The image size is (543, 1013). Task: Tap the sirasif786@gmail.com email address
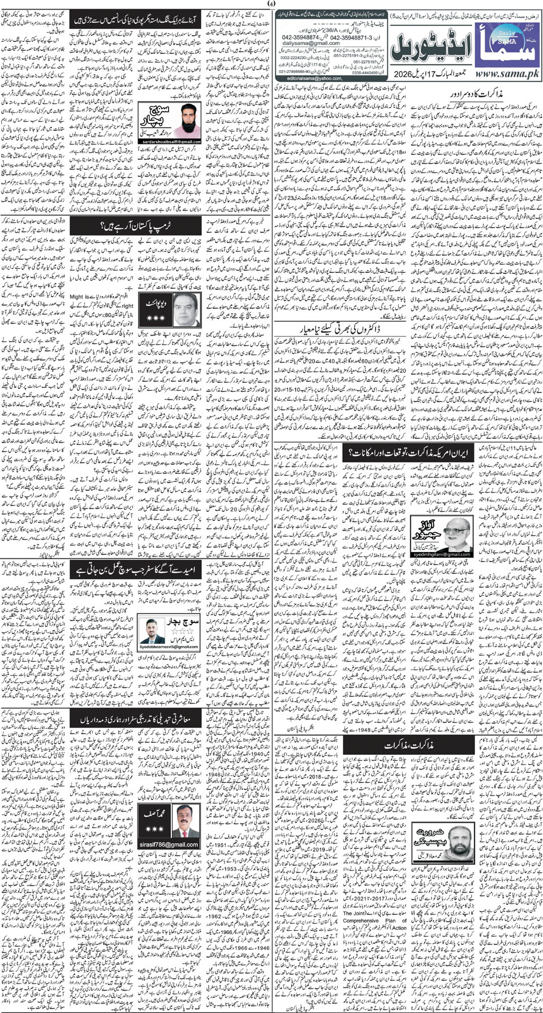[167, 844]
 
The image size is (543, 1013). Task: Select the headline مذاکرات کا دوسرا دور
[475, 92]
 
